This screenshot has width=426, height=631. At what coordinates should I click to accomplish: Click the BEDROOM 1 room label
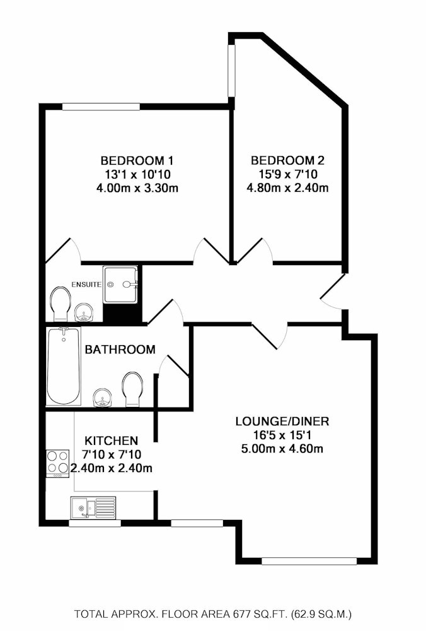click(137, 161)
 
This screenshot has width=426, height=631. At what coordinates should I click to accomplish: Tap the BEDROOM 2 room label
click(287, 161)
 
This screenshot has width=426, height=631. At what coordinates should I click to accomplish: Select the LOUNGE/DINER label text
click(282, 422)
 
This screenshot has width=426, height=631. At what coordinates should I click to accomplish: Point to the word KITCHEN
click(112, 440)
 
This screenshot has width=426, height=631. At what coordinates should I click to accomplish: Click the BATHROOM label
click(120, 350)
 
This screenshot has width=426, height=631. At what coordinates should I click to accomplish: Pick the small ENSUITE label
click(86, 285)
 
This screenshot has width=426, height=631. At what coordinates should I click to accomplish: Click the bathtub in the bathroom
click(64, 366)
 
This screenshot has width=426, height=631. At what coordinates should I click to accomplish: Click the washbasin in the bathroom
click(102, 398)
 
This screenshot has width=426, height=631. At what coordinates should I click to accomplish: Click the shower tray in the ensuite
click(120, 285)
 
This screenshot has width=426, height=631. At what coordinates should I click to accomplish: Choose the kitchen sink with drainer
click(93, 507)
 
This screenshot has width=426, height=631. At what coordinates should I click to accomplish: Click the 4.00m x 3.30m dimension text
click(137, 188)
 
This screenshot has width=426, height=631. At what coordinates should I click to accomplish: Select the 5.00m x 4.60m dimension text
click(282, 448)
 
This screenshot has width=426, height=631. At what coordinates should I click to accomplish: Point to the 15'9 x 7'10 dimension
click(287, 174)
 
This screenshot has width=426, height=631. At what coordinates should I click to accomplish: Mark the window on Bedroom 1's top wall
click(101, 107)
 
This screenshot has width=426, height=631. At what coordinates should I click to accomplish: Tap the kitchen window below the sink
click(95, 524)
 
